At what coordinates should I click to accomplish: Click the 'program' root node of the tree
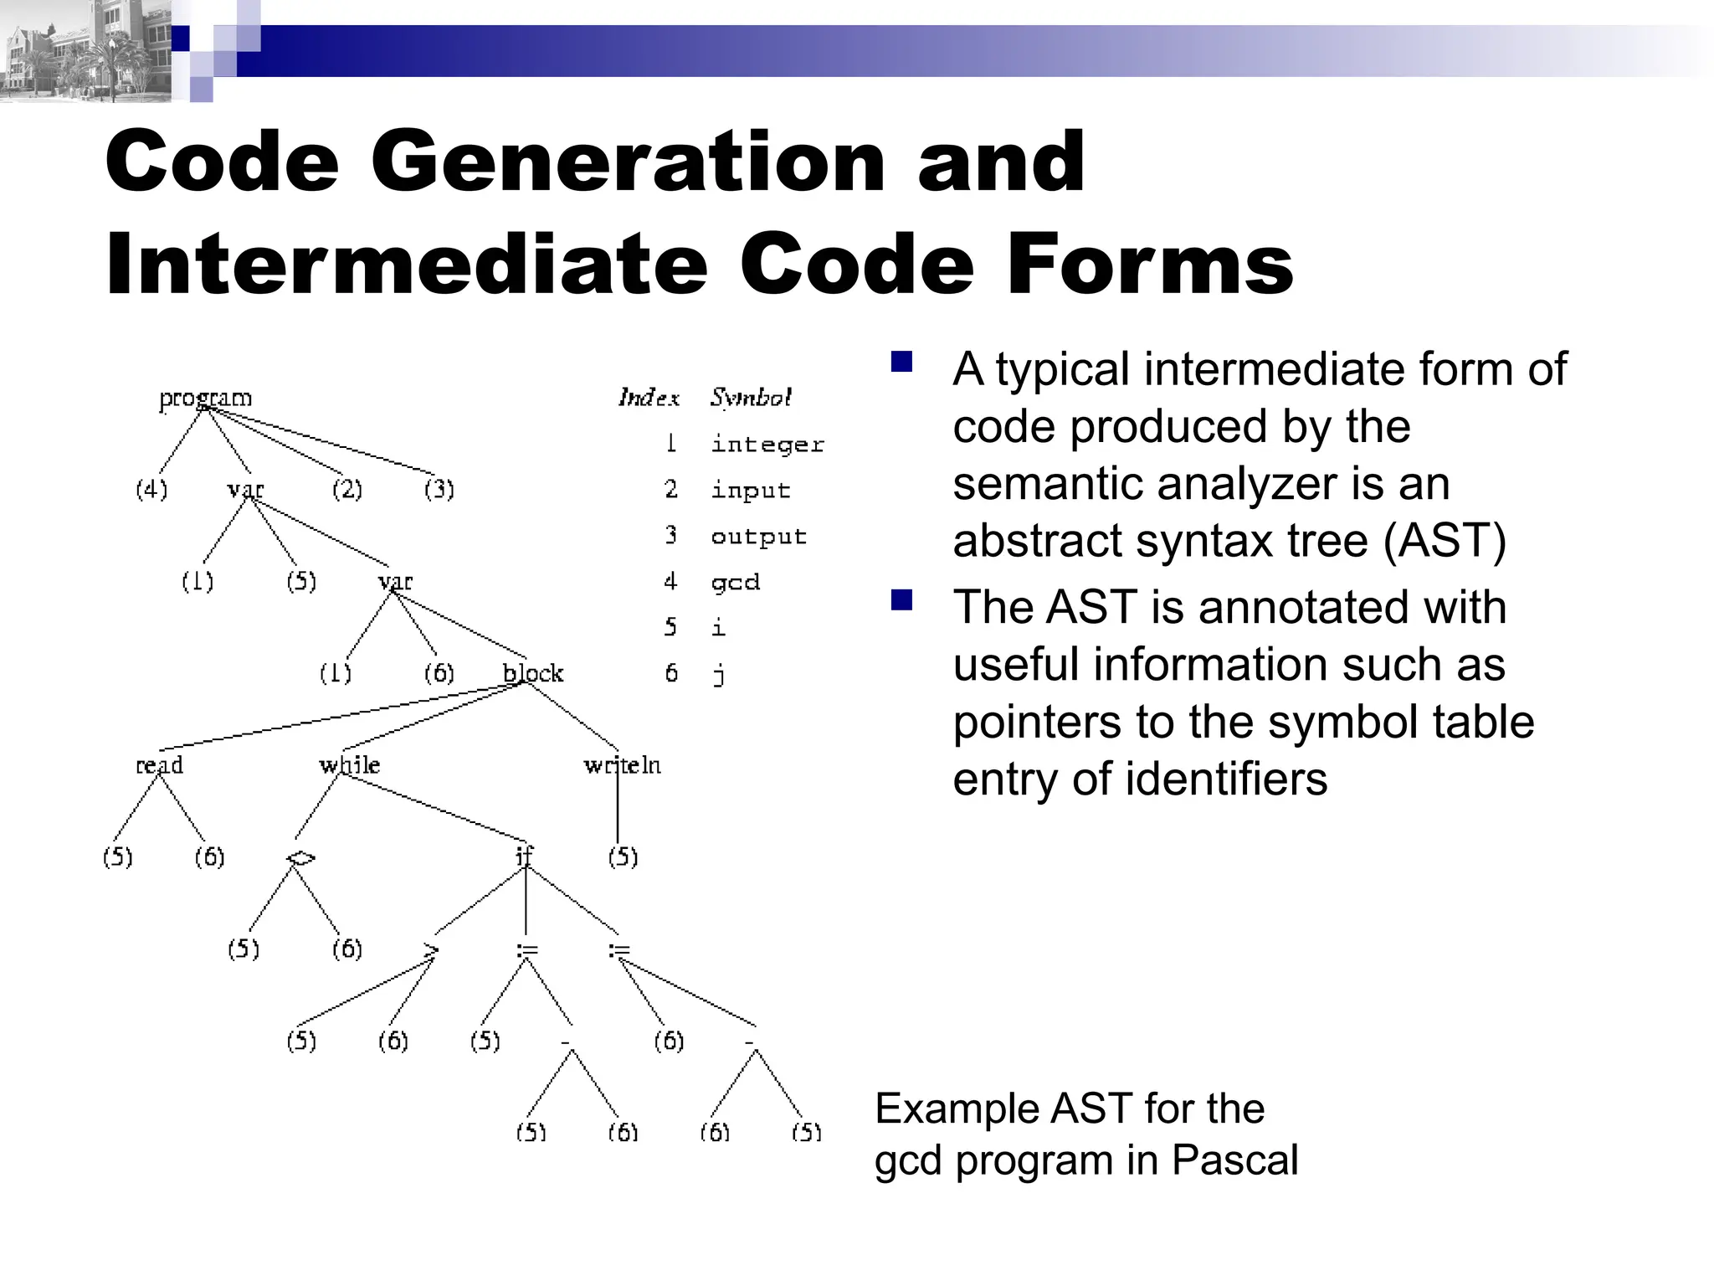tap(205, 398)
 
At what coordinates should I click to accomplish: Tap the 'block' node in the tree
tap(532, 673)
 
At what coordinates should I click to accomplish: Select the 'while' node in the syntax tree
tap(349, 765)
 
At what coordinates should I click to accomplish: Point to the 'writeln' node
tap(622, 765)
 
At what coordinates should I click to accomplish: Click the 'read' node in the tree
tap(159, 765)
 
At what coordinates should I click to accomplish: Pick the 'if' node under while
tap(524, 856)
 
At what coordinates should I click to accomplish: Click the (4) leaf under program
tap(151, 489)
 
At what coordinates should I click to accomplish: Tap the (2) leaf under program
tap(347, 489)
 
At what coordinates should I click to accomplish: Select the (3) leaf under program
tap(439, 489)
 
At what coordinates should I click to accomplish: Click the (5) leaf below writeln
tap(623, 856)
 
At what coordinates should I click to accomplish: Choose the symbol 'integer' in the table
tap(767, 445)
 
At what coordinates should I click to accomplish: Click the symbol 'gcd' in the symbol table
tap(736, 582)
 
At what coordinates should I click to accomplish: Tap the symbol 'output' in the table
tap(758, 536)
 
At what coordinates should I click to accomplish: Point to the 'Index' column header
tap(649, 398)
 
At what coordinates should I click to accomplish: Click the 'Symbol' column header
tap(751, 398)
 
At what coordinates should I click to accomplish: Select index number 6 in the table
tap(671, 673)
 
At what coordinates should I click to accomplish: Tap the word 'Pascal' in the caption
tap(1234, 1160)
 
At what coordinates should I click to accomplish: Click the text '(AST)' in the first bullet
tap(1445, 540)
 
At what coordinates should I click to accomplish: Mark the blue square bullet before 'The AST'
tap(901, 600)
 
